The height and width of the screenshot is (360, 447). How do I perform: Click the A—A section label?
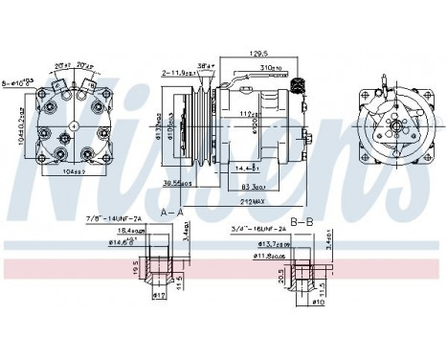click(172, 212)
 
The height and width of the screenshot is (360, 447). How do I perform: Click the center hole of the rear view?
click(74, 126)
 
